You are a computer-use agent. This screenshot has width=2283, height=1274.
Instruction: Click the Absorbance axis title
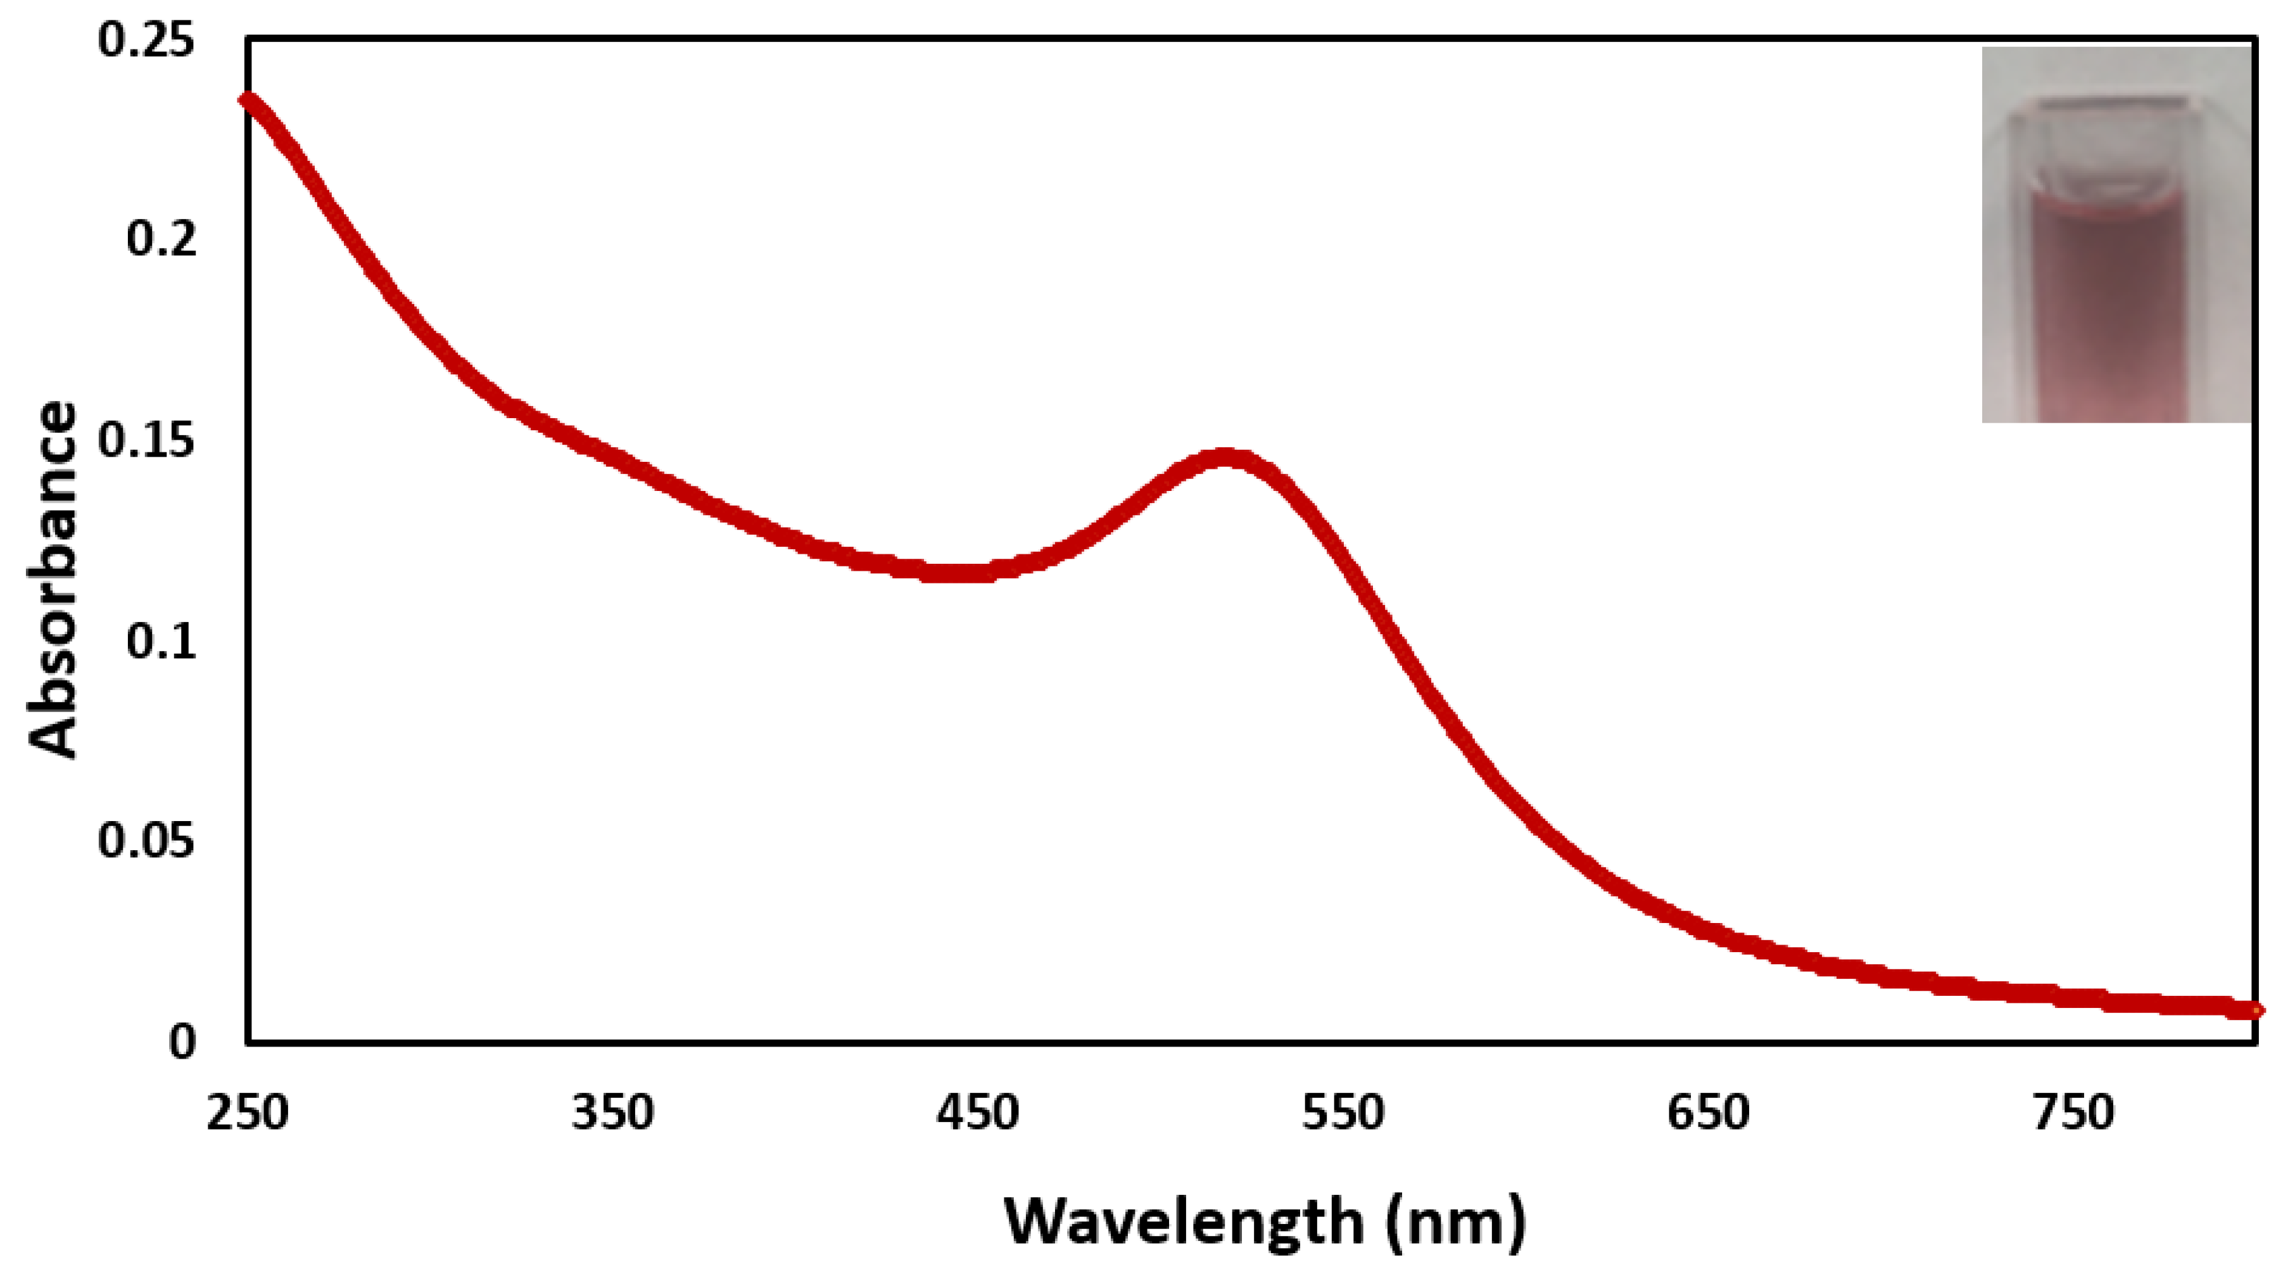pos(53,582)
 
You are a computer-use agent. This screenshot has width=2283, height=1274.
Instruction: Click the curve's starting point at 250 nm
pos(249,100)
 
